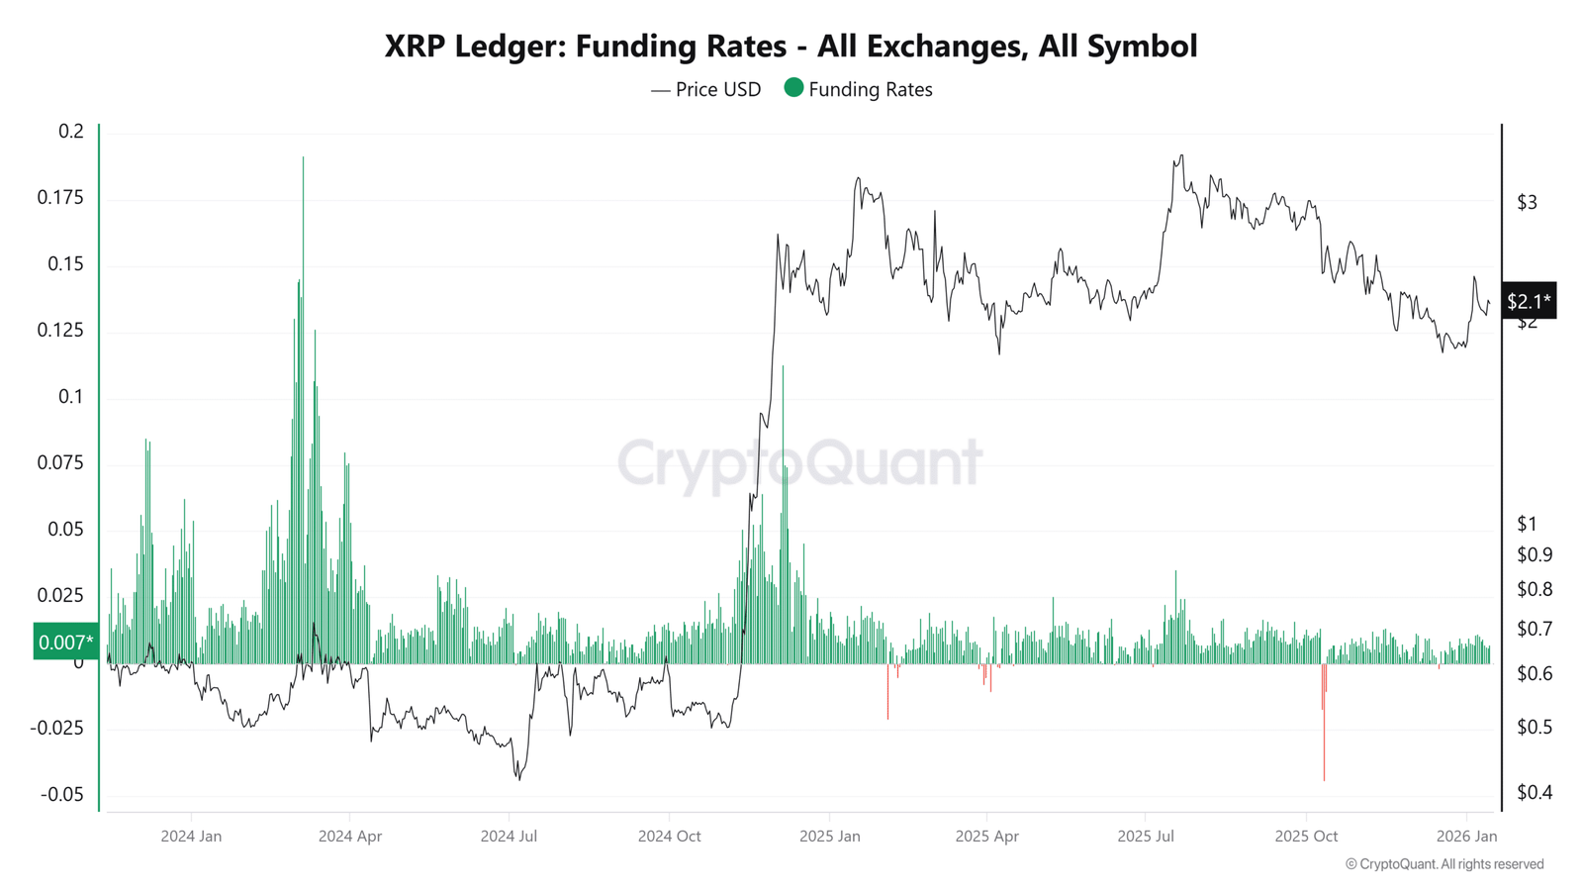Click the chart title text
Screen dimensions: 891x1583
pos(791,46)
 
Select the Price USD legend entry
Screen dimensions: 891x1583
pos(706,90)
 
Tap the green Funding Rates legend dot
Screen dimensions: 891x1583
pos(793,88)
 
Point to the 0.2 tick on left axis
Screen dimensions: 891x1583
pos(71,132)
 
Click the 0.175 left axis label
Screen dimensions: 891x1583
pos(60,198)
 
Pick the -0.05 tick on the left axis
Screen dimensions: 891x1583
pos(62,795)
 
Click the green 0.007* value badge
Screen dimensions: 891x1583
pos(65,643)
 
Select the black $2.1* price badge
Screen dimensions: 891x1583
pos(1529,301)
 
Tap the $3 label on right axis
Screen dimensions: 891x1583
pos(1527,203)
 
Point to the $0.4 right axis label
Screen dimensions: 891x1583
pos(1535,792)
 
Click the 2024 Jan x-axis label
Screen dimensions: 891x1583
pos(191,837)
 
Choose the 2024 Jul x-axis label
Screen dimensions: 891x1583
pos(509,837)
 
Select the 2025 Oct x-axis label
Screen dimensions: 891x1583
pos(1306,837)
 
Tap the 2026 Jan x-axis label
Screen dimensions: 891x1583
pos(1466,837)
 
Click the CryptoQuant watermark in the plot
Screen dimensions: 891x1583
pos(799,462)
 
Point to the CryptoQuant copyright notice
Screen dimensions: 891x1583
pos(1444,864)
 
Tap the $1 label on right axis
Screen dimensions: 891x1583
pos(1527,525)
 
